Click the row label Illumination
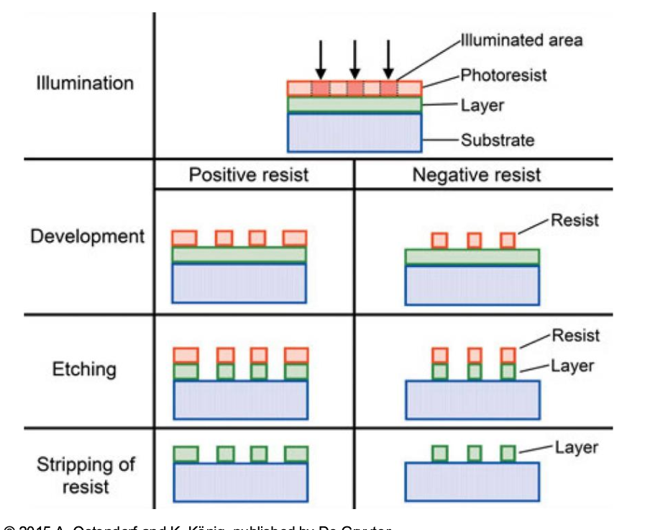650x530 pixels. pyautogui.click(x=85, y=83)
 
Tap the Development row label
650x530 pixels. pyautogui.click(x=87, y=236)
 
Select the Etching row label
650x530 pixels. pyautogui.click(x=83, y=369)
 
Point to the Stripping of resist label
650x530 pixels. pyautogui.click(x=86, y=475)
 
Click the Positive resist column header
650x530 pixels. pyautogui.click(x=248, y=175)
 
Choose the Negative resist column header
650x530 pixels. pyautogui.click(x=477, y=175)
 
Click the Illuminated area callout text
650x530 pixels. pyautogui.click(x=521, y=40)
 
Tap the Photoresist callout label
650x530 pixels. pyautogui.click(x=503, y=75)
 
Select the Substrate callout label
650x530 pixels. pyautogui.click(x=498, y=140)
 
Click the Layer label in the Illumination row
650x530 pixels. pyautogui.click(x=482, y=106)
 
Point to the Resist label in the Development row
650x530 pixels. pyautogui.click(x=575, y=220)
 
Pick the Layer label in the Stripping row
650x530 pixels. pyautogui.click(x=576, y=448)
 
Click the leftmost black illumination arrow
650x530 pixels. pyautogui.click(x=321, y=59)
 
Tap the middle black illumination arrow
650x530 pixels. pyautogui.click(x=354, y=59)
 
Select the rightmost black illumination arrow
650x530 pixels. pyautogui.click(x=388, y=59)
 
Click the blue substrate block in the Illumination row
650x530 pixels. pyautogui.click(x=354, y=132)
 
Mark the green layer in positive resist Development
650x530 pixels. pyautogui.click(x=239, y=254)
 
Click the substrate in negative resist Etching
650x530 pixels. pyautogui.click(x=472, y=400)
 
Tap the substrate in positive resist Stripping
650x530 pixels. pyautogui.click(x=241, y=482)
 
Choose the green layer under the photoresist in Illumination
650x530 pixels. pyautogui.click(x=354, y=104)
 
